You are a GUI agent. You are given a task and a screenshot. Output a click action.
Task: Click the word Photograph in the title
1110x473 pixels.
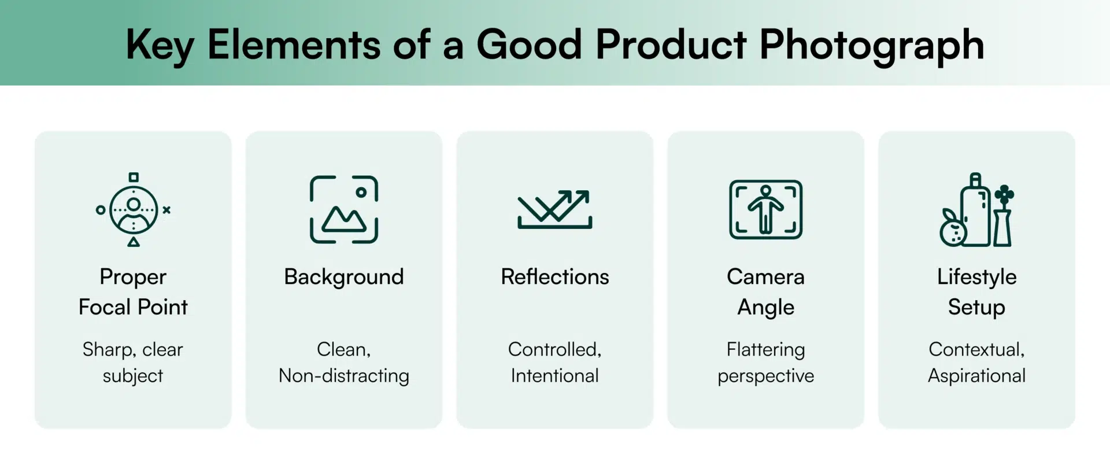point(871,45)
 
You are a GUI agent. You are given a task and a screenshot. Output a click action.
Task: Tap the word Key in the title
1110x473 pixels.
point(160,45)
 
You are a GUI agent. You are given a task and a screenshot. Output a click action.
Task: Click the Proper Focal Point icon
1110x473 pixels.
point(134,209)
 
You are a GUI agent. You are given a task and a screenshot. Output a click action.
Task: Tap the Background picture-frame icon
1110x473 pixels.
point(344,209)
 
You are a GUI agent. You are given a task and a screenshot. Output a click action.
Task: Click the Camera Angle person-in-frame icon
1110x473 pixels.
point(765,209)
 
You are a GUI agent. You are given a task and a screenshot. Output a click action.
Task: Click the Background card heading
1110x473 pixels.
point(344,277)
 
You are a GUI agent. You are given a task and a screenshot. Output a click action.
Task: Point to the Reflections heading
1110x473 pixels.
point(555,276)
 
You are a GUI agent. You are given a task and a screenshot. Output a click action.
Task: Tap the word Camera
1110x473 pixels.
point(765,276)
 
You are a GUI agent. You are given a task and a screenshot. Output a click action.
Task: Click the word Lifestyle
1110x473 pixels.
point(976,277)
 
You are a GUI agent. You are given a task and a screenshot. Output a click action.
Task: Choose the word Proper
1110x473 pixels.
point(133,277)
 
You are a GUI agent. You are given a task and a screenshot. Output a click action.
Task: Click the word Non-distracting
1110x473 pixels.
point(344,376)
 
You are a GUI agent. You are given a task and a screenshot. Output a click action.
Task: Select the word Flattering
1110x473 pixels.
point(765,350)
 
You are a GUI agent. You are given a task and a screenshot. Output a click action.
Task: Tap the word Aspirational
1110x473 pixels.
point(976,376)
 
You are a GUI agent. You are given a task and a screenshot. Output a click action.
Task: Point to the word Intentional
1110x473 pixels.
point(555,376)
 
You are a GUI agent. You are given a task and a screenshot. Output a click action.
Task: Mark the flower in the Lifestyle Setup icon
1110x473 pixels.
point(1004,194)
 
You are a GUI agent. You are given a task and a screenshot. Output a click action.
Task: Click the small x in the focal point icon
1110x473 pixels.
point(166,210)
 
